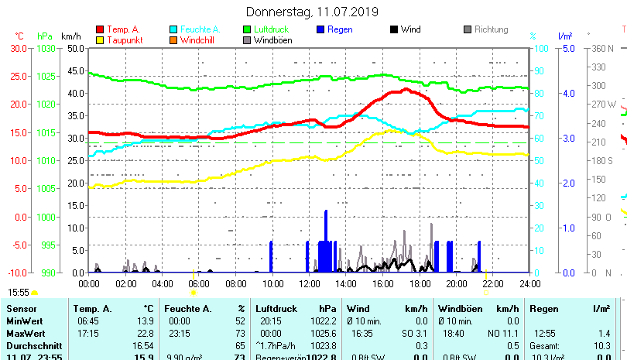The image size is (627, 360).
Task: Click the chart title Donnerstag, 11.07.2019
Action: pyautogui.click(x=312, y=12)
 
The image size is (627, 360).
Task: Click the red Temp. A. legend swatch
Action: pyautogui.click(x=100, y=29)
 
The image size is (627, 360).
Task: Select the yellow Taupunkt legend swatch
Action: pyautogui.click(x=100, y=39)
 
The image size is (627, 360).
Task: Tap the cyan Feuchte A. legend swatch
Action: pyautogui.click(x=173, y=29)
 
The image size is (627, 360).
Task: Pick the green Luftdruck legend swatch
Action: pyautogui.click(x=247, y=29)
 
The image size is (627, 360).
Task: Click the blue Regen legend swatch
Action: pyautogui.click(x=320, y=29)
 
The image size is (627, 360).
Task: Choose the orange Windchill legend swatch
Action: pyautogui.click(x=173, y=39)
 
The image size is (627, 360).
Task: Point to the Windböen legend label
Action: pyautogui.click(x=272, y=40)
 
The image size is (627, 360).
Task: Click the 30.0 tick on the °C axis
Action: pyautogui.click(x=19, y=48)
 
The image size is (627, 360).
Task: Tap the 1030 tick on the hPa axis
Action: pyautogui.click(x=46, y=48)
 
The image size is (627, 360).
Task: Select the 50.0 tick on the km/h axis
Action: pyautogui.click(x=74, y=48)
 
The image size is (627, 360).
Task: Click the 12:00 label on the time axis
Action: pyautogui.click(x=308, y=283)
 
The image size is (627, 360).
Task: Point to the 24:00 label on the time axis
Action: pyautogui.click(x=529, y=283)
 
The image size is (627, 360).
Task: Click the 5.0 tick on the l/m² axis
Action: pyautogui.click(x=567, y=48)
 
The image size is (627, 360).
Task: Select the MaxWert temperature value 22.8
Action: pyautogui.click(x=143, y=333)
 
